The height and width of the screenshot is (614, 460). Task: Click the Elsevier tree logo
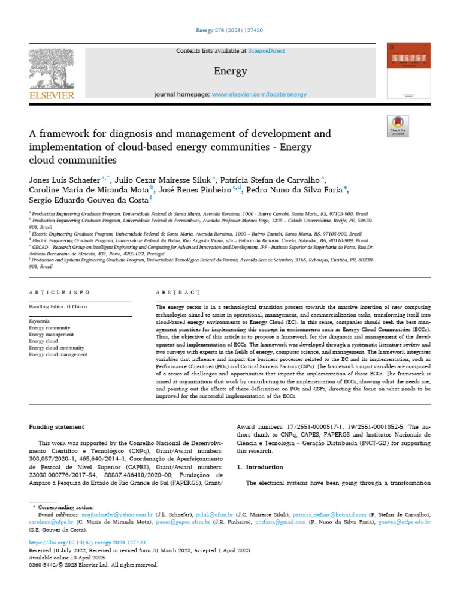coord(52,68)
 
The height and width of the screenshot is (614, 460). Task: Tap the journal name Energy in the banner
coord(230,71)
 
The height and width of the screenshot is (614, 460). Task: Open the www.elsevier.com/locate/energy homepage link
coord(259,94)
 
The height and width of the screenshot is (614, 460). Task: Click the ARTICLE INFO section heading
coord(60,292)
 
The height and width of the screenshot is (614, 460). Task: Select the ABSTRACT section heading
coord(178,292)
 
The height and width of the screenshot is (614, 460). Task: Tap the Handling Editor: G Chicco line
coord(59,307)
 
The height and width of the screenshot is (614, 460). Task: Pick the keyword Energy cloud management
coord(58,354)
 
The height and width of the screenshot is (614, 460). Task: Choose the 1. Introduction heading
coord(264,466)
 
